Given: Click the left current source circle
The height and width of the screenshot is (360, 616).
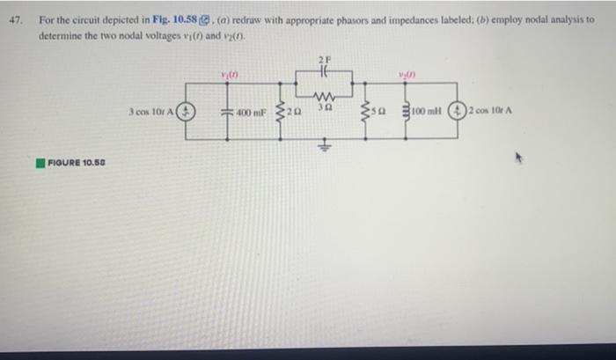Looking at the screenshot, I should tap(187, 112).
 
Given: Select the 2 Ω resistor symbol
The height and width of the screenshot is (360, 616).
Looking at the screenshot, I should tap(282, 112).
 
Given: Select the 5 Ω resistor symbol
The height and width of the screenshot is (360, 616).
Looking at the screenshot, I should tap(368, 112).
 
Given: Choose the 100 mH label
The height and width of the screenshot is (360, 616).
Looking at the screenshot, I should tap(429, 112).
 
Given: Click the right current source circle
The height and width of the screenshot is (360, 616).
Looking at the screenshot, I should tap(458, 112).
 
